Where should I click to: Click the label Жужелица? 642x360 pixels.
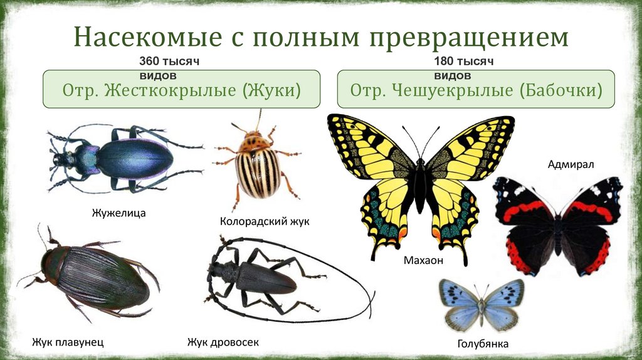(x=118, y=213)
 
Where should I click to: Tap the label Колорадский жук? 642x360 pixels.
(x=265, y=221)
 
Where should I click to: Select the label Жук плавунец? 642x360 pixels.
(x=68, y=342)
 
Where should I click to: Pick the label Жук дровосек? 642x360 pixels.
(x=223, y=342)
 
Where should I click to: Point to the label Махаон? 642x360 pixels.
(x=420, y=260)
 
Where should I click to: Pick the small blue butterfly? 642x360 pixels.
(x=481, y=305)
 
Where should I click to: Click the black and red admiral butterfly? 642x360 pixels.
(x=558, y=226)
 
